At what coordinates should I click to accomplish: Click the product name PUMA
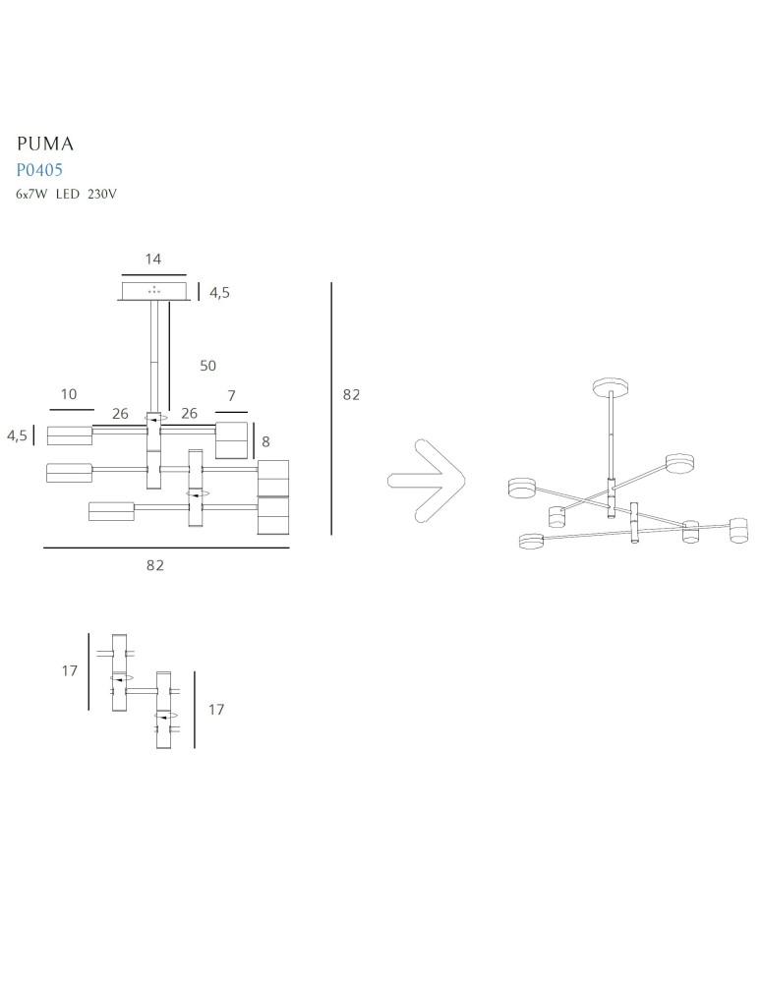click(46, 144)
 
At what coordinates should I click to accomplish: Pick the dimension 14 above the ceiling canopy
click(152, 260)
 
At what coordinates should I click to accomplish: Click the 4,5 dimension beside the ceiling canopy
click(219, 292)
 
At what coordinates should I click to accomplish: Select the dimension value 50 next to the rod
click(207, 366)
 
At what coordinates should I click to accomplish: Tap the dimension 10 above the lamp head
click(68, 394)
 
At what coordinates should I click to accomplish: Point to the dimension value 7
click(231, 395)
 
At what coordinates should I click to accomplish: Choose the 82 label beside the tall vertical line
click(351, 394)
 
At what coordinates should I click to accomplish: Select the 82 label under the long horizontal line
click(154, 565)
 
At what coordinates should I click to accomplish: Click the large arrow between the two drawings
click(428, 480)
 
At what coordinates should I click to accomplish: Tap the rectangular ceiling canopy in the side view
click(153, 291)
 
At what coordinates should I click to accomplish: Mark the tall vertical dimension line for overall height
click(332, 408)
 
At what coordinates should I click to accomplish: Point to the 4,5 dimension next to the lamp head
click(18, 435)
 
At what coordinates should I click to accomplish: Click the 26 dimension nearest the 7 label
click(189, 414)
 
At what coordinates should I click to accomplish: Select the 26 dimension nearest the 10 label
click(120, 414)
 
